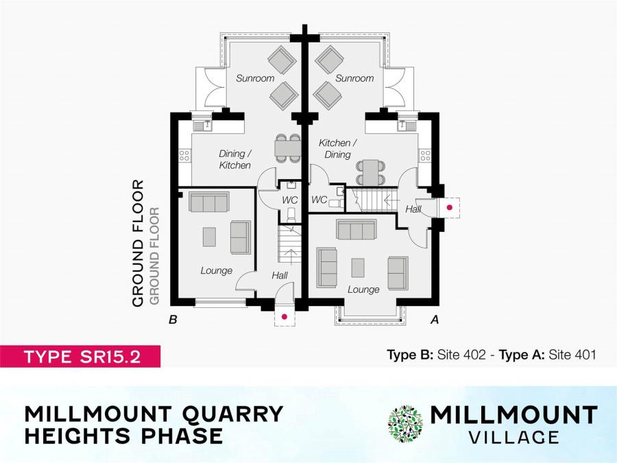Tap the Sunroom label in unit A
(354, 78)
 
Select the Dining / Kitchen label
(234, 159)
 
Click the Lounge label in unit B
(216, 270)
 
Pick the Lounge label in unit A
(363, 289)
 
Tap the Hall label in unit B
(279, 275)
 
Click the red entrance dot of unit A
(450, 206)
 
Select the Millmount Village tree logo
(405, 423)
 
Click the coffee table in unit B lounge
(210, 236)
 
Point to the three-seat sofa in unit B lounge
(208, 202)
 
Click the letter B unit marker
(173, 319)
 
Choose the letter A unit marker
(434, 319)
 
